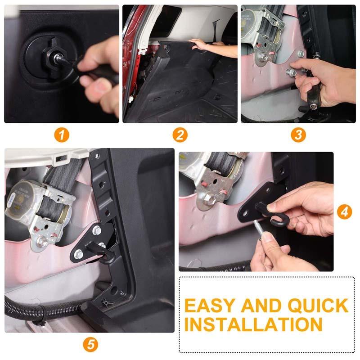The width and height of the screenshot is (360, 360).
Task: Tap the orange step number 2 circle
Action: pyautogui.click(x=180, y=135)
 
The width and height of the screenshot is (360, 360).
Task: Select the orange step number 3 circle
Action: pyautogui.click(x=297, y=135)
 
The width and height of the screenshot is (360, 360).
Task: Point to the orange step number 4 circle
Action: pyautogui.click(x=344, y=211)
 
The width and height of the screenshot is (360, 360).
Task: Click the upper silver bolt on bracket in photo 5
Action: pyautogui.click(x=96, y=231)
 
